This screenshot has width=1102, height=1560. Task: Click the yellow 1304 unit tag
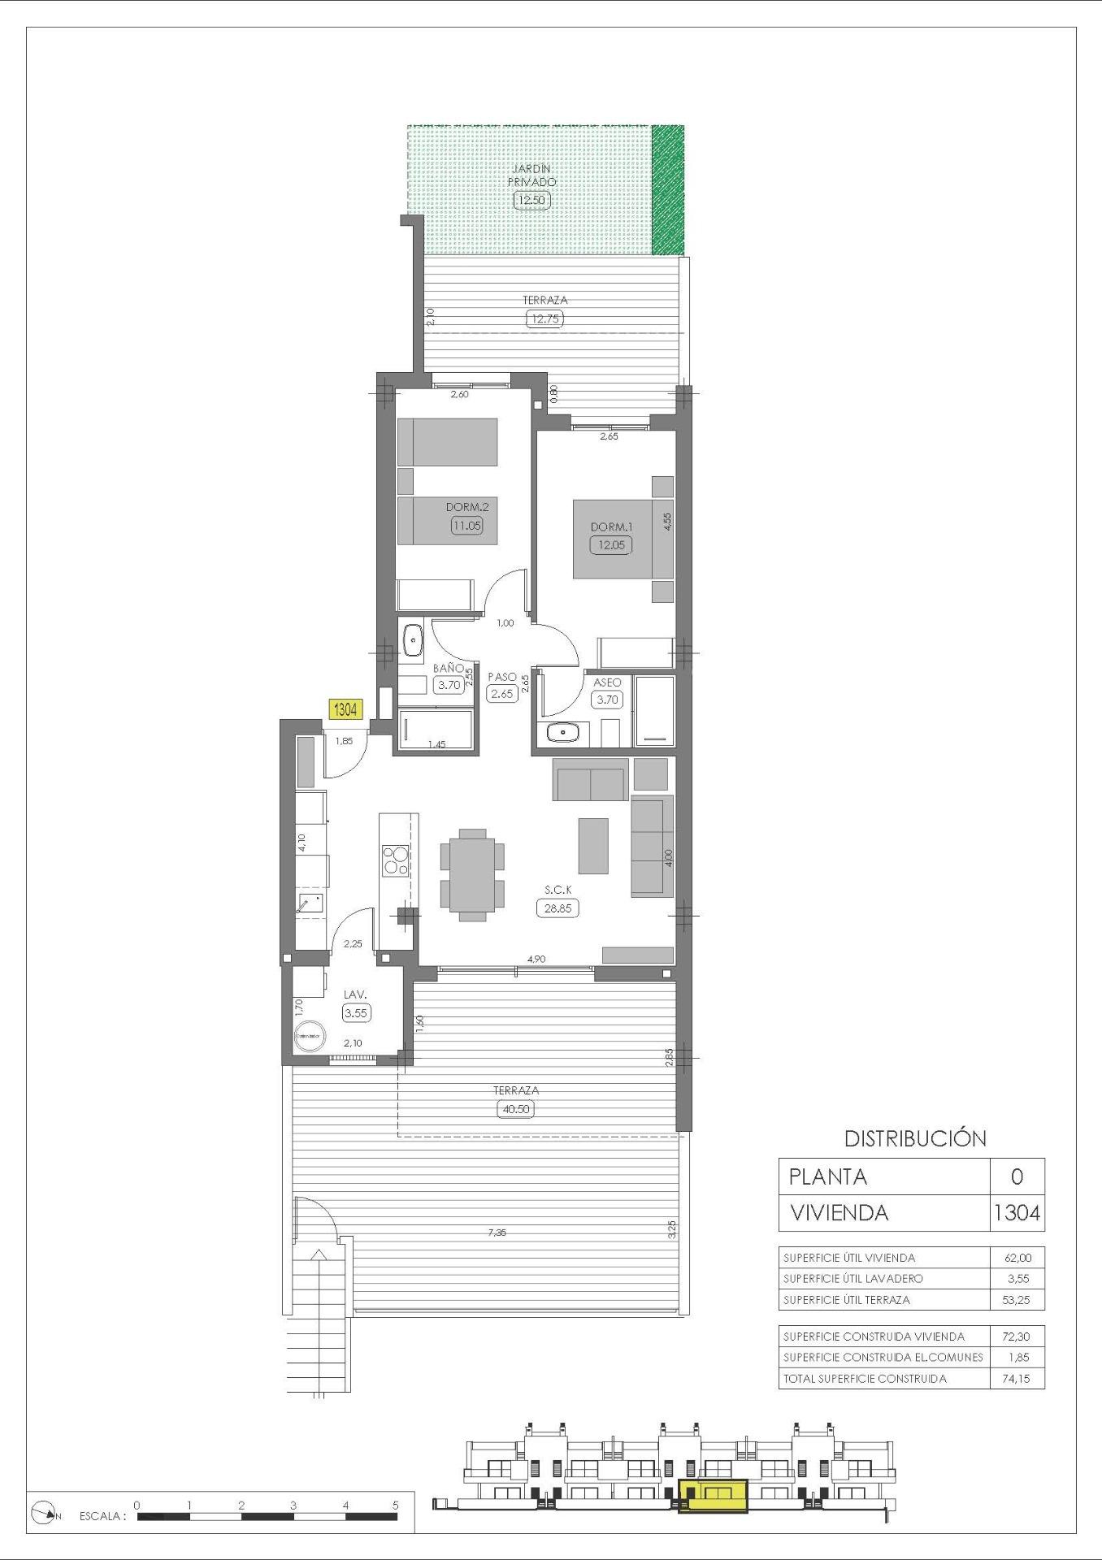coord(345,709)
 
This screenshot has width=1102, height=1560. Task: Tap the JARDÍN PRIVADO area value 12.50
coord(531,200)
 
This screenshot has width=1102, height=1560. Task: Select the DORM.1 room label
coord(611,526)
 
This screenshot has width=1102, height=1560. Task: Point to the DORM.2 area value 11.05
coord(467,526)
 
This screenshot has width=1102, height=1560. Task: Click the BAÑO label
coord(448,668)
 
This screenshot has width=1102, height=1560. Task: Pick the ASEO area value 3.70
coord(607,699)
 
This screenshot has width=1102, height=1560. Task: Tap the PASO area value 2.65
coord(502,694)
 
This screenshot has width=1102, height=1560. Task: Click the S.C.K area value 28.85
coord(558,908)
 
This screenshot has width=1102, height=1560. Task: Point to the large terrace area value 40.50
coord(516,1109)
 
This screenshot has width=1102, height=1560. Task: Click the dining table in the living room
coord(472,874)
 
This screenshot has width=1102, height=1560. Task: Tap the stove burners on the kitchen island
coord(396,860)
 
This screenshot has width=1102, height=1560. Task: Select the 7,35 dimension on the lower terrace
coord(497,1233)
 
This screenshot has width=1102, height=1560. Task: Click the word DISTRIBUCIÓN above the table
coord(915,1138)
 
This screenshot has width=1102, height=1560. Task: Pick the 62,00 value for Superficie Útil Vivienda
coord(1017,1258)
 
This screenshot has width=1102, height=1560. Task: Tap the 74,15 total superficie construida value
coord(1017,1379)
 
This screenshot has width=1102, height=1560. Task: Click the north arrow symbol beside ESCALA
coord(44,1513)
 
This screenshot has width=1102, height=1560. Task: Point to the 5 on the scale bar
coord(396,1505)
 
